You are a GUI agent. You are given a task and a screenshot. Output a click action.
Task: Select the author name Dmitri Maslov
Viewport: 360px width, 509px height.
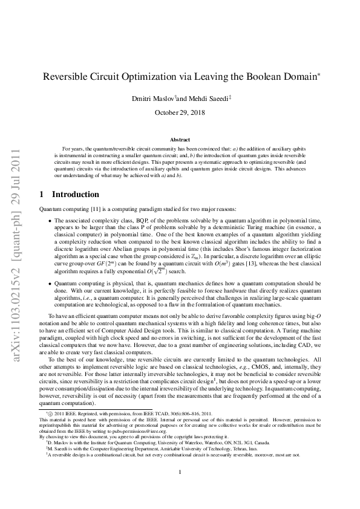tap(151, 99)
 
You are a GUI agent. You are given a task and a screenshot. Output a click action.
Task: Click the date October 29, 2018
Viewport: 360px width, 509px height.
tap(180, 112)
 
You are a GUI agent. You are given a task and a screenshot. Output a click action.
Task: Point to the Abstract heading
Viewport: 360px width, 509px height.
tap(180, 140)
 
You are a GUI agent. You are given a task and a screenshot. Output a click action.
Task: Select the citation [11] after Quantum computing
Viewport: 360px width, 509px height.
tap(91, 208)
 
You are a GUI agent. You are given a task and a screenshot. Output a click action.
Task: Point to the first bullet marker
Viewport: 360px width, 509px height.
tap(48, 222)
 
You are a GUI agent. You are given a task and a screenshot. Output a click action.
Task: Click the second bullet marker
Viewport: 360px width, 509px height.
tap(48, 283)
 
